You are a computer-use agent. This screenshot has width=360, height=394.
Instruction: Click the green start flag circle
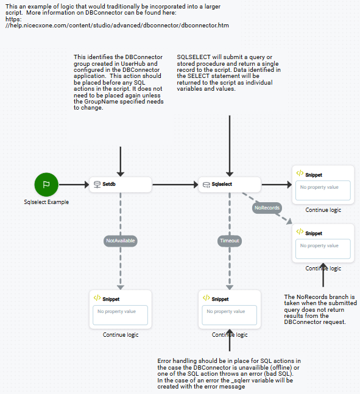(x=46, y=184)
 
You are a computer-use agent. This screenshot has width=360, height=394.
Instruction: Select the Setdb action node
(x=120, y=184)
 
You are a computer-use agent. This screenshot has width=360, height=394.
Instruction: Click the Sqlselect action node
(x=230, y=184)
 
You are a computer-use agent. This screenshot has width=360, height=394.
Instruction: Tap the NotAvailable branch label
(x=120, y=241)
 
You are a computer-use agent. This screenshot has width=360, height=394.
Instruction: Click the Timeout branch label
(x=230, y=241)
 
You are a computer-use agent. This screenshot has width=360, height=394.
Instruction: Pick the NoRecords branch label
(x=267, y=208)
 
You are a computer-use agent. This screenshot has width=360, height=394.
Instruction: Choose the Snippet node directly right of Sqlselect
(x=322, y=185)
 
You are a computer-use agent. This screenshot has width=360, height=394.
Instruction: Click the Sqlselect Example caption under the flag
(x=46, y=202)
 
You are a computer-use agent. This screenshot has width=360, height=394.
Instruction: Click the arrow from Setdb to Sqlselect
(x=175, y=184)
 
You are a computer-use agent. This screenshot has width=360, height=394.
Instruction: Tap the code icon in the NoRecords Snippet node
(x=300, y=233)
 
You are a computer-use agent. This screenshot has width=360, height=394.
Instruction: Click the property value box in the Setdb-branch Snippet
(x=120, y=314)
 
